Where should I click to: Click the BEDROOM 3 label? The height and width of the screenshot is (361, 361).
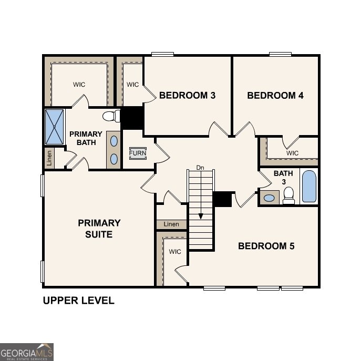[x=187, y=96]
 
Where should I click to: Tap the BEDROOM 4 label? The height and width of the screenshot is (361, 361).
[x=275, y=96]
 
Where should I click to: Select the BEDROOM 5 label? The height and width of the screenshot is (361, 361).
[x=266, y=246]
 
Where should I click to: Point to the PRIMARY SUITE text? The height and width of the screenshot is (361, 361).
[x=99, y=229]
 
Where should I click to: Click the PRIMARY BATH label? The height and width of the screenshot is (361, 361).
[x=86, y=138]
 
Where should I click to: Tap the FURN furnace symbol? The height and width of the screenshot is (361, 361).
[x=138, y=153]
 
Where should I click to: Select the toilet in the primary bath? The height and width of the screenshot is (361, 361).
[x=110, y=116]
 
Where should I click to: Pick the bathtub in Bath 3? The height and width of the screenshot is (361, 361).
[x=310, y=187]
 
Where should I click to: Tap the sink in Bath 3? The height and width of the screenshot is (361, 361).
[x=270, y=198]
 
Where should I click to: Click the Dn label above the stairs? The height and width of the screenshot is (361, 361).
[x=200, y=168]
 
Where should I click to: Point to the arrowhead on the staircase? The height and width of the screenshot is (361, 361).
[x=200, y=216]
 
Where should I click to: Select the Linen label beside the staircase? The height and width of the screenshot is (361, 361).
[x=171, y=224]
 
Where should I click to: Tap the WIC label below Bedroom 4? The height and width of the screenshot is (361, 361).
[x=293, y=153]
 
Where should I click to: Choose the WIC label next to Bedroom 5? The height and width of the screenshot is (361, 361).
[x=175, y=252]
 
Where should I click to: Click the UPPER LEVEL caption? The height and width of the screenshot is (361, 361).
[x=78, y=301]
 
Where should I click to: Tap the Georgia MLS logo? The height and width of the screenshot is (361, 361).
[x=26, y=352]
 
